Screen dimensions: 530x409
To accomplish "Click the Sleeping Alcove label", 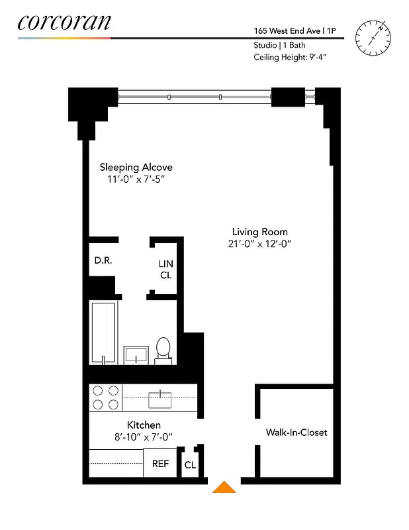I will pos(136,167).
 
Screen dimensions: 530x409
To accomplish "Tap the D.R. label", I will pos(103,260).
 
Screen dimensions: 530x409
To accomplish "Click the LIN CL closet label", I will pos(165,268).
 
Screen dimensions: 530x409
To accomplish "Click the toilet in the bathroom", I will pos(163,349).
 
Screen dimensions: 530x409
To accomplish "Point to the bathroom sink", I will pos(136,354).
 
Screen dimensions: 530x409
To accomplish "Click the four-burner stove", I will pos(105,397).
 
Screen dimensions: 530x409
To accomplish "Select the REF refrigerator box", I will pos(161,464).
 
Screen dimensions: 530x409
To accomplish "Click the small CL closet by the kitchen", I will pos(190,465).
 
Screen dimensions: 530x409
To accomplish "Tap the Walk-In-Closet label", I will pos(296,433).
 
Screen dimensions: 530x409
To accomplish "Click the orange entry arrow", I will pos(224,488).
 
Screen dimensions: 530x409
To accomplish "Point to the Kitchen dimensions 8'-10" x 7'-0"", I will pos(144,437).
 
